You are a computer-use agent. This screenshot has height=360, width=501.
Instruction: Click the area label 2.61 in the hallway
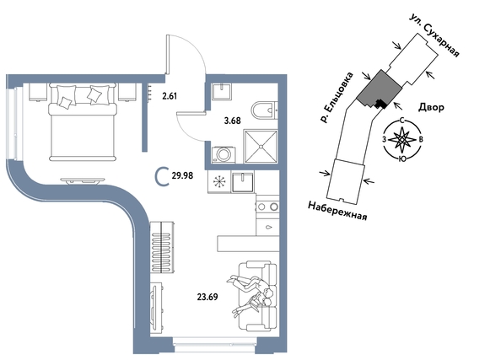click(x=170, y=96)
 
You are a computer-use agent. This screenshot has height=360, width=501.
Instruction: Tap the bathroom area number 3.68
click(x=232, y=121)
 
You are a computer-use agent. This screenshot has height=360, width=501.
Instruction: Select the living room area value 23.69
click(x=207, y=297)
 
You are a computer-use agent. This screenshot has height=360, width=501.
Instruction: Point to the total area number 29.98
click(x=182, y=175)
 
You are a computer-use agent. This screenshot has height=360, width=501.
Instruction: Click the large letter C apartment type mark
click(x=162, y=177)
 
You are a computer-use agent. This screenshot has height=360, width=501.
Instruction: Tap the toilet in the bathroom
click(x=264, y=110)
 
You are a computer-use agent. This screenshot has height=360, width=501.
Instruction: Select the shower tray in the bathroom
click(x=261, y=146)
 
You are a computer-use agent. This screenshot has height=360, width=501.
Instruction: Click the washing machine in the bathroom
click(x=224, y=154)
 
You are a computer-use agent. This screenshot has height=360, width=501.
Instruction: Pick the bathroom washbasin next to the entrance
click(x=224, y=91)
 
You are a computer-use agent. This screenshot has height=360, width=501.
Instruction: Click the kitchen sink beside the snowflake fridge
click(x=243, y=182)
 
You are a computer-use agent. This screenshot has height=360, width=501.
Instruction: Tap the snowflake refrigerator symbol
click(x=219, y=182)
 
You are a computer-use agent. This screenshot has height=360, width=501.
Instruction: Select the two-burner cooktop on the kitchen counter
click(x=267, y=207)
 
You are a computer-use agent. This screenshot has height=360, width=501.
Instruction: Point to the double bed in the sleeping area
click(x=82, y=121)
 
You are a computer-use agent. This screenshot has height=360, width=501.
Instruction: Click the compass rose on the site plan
click(x=402, y=139)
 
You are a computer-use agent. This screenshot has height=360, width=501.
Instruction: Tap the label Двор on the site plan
click(x=431, y=108)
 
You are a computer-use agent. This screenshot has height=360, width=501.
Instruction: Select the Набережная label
click(x=337, y=211)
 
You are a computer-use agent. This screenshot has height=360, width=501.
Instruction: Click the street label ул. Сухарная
click(x=435, y=35)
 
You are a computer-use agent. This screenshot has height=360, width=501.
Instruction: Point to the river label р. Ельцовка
click(x=337, y=98)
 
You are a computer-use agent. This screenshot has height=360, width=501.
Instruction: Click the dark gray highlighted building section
click(x=379, y=89)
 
